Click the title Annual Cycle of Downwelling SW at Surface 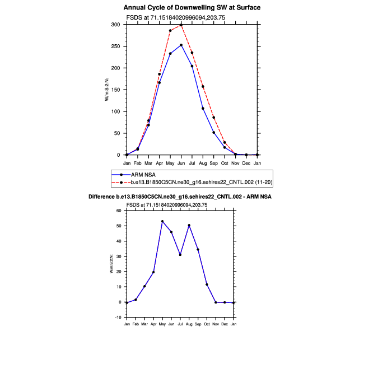point(192,8)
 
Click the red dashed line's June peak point point(181,25)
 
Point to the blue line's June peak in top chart point(181,45)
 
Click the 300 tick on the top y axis point(116,25)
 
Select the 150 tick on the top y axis point(116,90)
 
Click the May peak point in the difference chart point(162,221)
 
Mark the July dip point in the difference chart point(180,255)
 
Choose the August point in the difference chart point(189,225)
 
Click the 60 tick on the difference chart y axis point(118,211)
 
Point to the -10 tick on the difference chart point(118,318)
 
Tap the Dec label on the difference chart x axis point(225,324)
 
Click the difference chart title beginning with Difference point(180,197)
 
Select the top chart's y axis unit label point(107,90)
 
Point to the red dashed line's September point point(213,118)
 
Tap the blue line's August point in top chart point(203,108)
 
